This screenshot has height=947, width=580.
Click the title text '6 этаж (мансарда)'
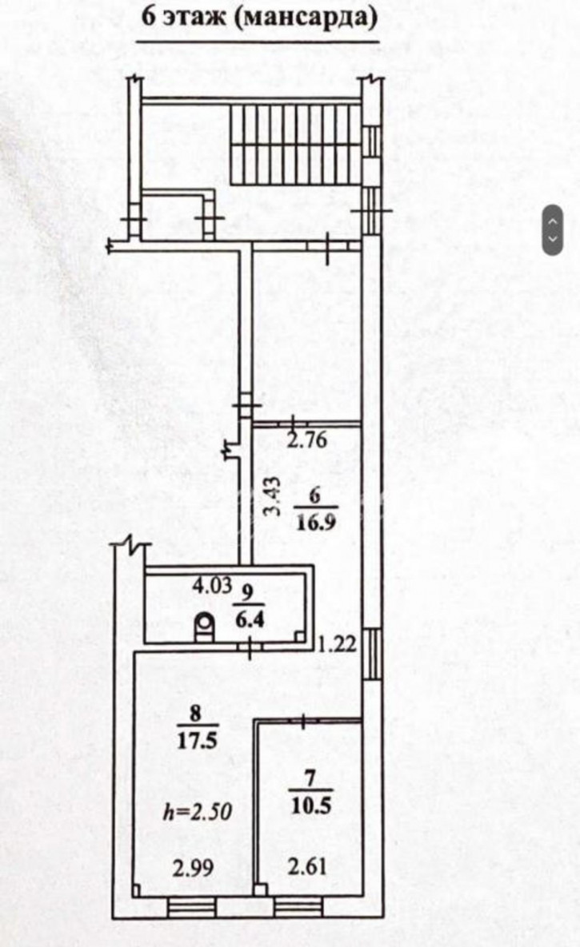(x=258, y=18)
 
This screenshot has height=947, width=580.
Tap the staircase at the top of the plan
(x=297, y=144)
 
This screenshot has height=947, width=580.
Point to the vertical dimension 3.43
(x=272, y=496)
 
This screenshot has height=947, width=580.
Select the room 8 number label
(x=196, y=710)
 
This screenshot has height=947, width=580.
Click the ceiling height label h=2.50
(x=197, y=813)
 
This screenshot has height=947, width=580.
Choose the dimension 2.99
(x=193, y=867)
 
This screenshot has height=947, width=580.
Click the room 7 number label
(x=308, y=774)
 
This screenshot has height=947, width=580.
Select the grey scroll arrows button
(x=553, y=230)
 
